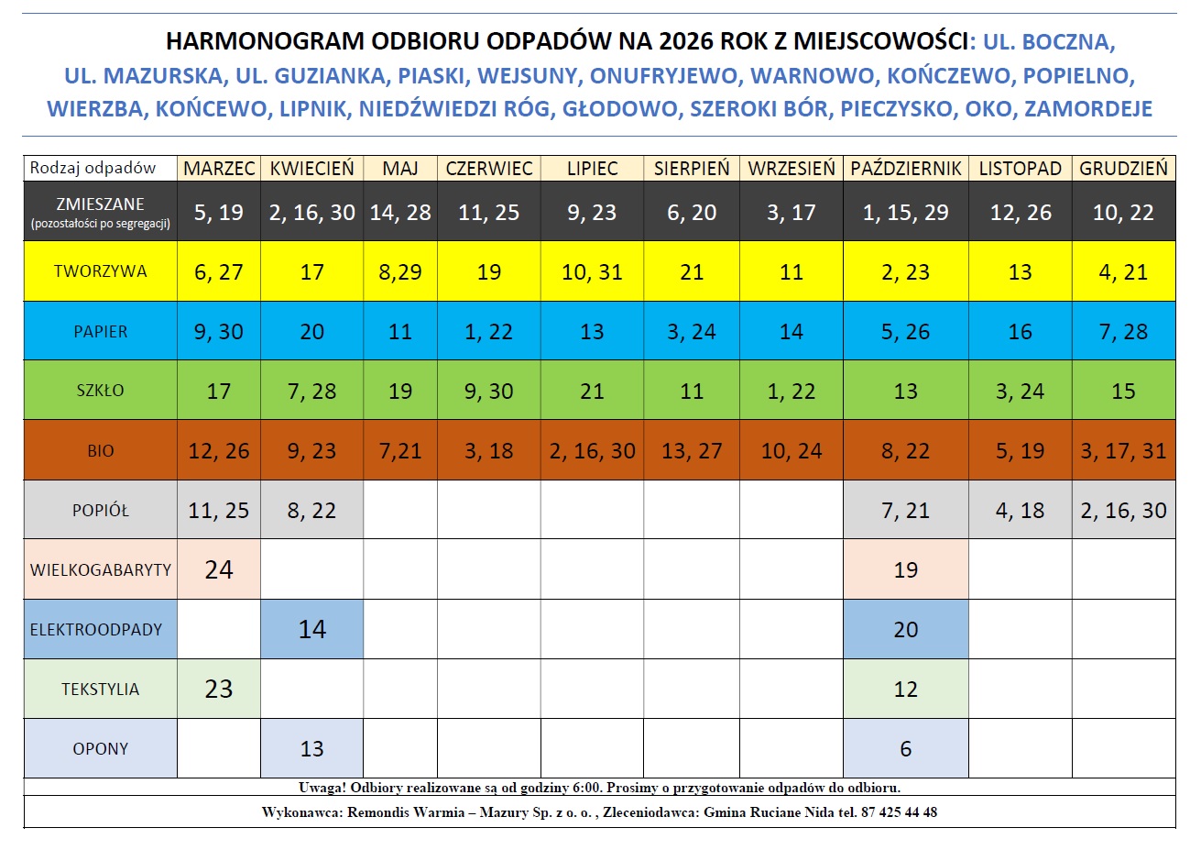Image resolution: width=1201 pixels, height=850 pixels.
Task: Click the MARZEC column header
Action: (x=219, y=169)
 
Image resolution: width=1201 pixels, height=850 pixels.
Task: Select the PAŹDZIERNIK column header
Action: (x=905, y=169)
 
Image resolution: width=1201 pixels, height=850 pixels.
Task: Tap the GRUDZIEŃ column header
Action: (x=1123, y=169)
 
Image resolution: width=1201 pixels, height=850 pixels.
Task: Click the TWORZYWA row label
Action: (x=100, y=271)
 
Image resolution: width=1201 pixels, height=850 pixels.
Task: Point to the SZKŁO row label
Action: (x=100, y=391)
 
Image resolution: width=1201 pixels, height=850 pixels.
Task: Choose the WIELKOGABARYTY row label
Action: (x=100, y=569)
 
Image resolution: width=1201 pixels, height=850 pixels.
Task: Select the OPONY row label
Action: (x=100, y=748)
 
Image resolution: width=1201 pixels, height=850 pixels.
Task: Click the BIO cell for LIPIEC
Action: (x=592, y=451)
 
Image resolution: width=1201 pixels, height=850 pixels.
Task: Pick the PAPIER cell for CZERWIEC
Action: (x=488, y=332)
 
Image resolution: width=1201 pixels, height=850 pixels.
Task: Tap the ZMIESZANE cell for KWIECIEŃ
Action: (x=311, y=213)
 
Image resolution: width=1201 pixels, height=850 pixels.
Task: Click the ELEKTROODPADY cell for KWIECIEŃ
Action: (x=311, y=629)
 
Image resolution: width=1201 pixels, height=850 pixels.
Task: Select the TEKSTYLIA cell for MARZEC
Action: (x=219, y=689)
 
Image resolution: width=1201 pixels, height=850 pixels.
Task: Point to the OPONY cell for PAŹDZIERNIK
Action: (x=905, y=748)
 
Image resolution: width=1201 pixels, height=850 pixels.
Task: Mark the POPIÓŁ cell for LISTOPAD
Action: (x=1020, y=511)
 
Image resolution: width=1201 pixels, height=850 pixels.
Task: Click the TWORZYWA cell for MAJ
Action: (x=400, y=272)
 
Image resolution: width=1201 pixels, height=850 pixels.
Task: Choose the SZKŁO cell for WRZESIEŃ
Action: (x=791, y=392)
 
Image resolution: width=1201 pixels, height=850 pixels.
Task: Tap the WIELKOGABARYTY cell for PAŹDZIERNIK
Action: (x=905, y=569)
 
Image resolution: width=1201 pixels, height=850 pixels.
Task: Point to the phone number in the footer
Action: (x=899, y=812)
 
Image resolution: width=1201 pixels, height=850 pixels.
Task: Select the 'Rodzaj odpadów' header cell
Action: (x=93, y=169)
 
